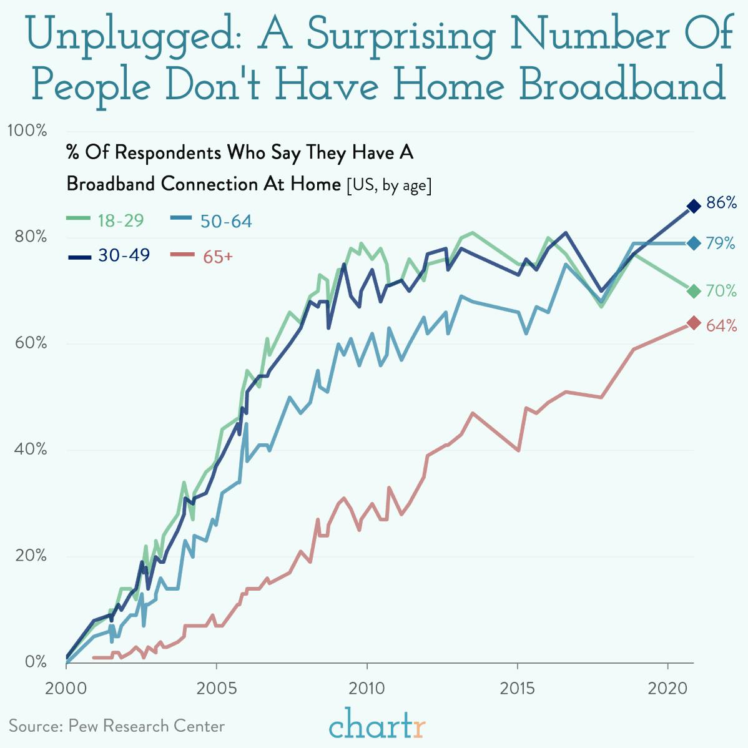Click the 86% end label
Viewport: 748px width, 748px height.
pyautogui.click(x=721, y=203)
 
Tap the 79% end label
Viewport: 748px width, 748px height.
pyautogui.click(x=721, y=244)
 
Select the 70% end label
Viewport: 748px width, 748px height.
pyautogui.click(x=721, y=291)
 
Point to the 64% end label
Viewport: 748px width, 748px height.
pyautogui.click(x=721, y=325)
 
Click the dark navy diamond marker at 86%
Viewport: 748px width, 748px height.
pyautogui.click(x=693, y=205)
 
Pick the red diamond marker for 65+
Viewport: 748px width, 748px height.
pyautogui.click(x=693, y=323)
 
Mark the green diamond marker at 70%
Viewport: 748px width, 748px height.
pyautogui.click(x=693, y=291)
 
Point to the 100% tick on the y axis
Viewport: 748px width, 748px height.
pyautogui.click(x=27, y=130)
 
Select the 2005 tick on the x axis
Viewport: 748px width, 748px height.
pyautogui.click(x=216, y=688)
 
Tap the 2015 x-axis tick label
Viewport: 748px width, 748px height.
pyautogui.click(x=517, y=688)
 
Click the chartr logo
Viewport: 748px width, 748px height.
pyautogui.click(x=377, y=726)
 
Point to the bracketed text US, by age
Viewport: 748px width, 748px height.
pyautogui.click(x=389, y=185)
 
